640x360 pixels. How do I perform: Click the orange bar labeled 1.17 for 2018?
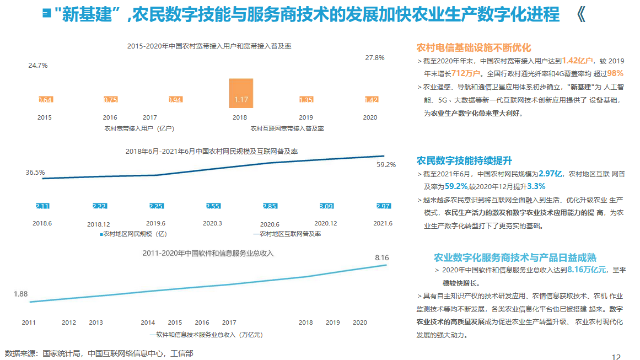[x=241, y=93]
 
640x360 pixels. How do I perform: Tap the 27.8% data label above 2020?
[x=375, y=57]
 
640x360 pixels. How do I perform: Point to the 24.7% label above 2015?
[x=38, y=65]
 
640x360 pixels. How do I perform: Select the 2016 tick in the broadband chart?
[x=110, y=117]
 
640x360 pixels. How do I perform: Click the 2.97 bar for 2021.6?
[x=383, y=206]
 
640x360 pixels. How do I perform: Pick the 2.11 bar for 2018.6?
[x=42, y=206]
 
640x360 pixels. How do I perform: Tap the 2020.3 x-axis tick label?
[x=212, y=223]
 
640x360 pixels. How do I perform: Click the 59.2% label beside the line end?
[x=386, y=164]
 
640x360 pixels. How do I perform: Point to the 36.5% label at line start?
[x=35, y=172]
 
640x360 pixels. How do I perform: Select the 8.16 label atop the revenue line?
[x=382, y=257]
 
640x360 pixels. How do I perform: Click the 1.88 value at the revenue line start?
[x=21, y=294]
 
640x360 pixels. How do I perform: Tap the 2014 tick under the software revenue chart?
[x=148, y=323]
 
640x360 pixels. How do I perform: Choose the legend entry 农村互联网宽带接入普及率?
[x=287, y=128]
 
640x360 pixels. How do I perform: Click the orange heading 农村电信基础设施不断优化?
[x=474, y=47]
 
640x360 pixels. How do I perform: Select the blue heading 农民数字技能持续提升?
[x=464, y=160]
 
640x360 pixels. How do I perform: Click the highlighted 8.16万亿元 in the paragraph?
[x=587, y=270]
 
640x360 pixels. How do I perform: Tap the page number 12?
[x=616, y=356]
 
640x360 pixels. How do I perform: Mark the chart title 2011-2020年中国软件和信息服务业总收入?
[x=208, y=254]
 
